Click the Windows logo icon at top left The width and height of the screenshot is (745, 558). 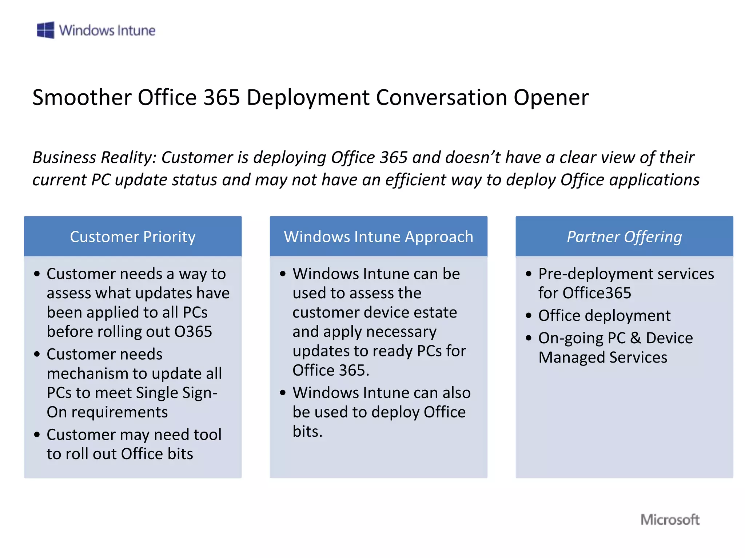[x=45, y=30]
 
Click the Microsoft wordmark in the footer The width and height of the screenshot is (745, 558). [x=670, y=519]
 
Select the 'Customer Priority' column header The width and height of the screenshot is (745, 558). [x=133, y=237]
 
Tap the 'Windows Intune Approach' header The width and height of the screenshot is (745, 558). [x=378, y=237]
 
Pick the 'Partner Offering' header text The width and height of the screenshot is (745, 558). [x=624, y=237]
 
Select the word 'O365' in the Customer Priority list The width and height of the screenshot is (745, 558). [x=193, y=332]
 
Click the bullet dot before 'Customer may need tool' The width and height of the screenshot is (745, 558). [x=37, y=435]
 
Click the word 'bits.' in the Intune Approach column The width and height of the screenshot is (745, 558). [x=307, y=432]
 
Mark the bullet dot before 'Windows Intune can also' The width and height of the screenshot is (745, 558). [x=283, y=393]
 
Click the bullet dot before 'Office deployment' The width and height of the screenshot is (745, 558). [x=529, y=316]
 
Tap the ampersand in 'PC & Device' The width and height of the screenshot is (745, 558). [x=636, y=338]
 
